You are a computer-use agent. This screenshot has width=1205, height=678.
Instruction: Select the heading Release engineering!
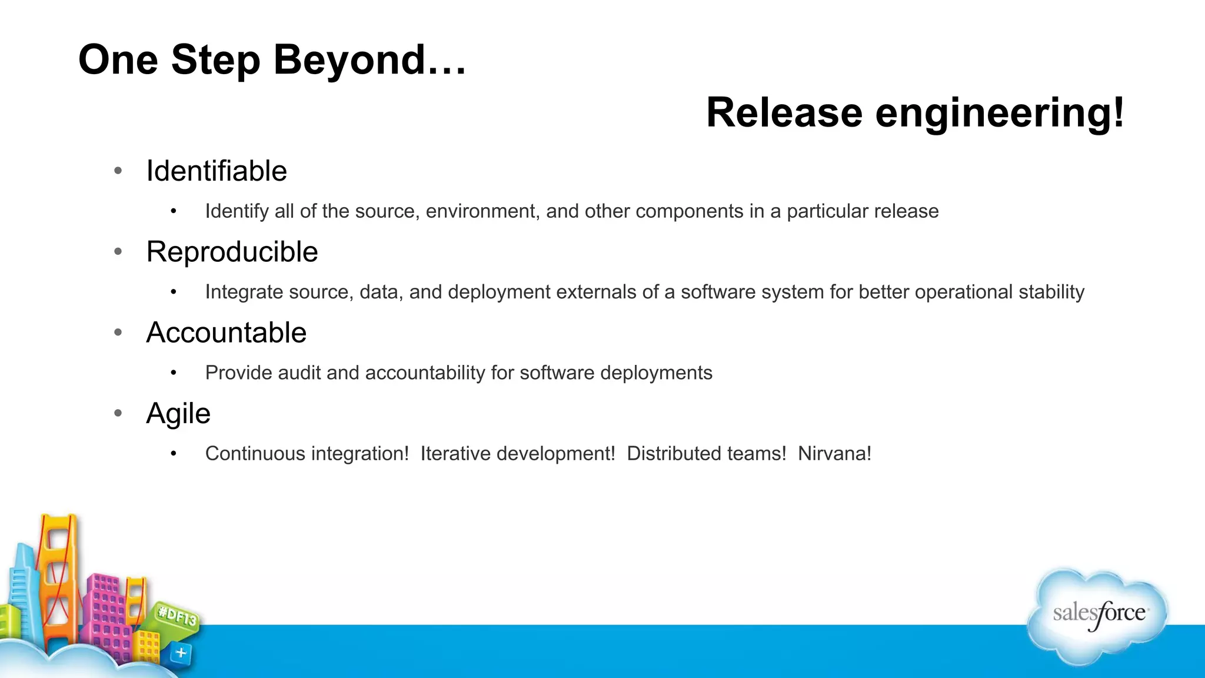pyautogui.click(x=915, y=113)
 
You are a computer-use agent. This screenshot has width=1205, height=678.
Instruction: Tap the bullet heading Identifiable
pyautogui.click(x=217, y=171)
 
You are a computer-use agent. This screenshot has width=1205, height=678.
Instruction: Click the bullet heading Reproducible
pyautogui.click(x=232, y=252)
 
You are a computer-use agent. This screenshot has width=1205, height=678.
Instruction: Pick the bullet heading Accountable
pyautogui.click(x=226, y=333)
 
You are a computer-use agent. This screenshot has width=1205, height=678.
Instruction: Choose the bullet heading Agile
pyautogui.click(x=178, y=414)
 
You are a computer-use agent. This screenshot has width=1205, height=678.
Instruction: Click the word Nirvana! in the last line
pyautogui.click(x=834, y=454)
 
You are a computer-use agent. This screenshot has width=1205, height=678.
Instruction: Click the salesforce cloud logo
pyautogui.click(x=1098, y=615)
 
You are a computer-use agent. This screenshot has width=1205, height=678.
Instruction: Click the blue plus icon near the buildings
pyautogui.click(x=181, y=653)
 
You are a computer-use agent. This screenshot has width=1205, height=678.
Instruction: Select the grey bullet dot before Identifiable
pyautogui.click(x=118, y=171)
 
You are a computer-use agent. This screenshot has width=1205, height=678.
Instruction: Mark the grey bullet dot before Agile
pyautogui.click(x=118, y=414)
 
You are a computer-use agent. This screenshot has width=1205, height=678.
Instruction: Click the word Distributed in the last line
pyautogui.click(x=706, y=454)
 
